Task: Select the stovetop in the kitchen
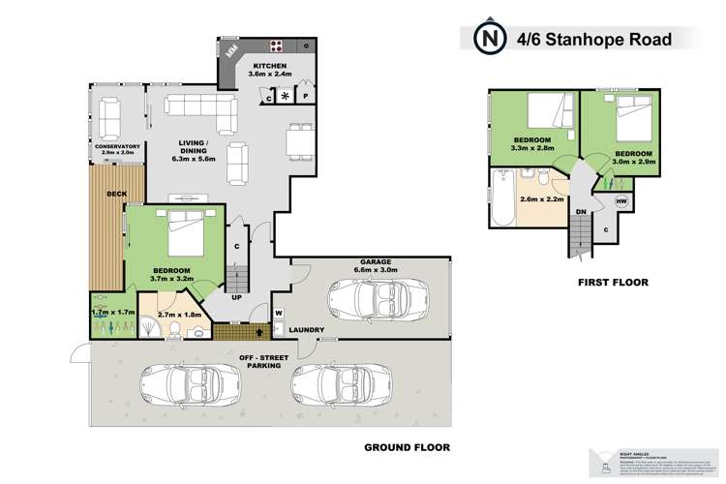276,45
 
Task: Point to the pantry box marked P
305,97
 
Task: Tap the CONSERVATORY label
117,146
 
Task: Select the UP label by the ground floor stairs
235,297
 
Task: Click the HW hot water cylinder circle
621,201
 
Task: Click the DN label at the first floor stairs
581,211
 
